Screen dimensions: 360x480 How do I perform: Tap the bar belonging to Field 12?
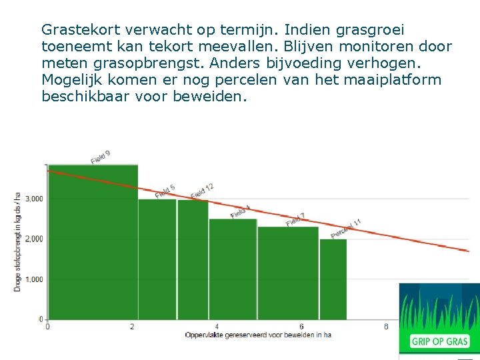click(x=193, y=259)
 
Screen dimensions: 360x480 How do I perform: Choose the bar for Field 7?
click(x=288, y=273)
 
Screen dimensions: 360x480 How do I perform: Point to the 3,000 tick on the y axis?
click(x=34, y=199)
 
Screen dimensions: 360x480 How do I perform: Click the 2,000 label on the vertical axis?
click(x=34, y=239)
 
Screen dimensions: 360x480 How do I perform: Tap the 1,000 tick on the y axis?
click(x=34, y=279)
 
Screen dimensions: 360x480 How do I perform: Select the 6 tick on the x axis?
click(x=301, y=327)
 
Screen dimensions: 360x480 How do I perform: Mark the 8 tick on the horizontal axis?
click(x=386, y=327)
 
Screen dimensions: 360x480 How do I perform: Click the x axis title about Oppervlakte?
click(x=258, y=335)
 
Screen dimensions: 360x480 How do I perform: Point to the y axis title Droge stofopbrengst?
click(x=17, y=241)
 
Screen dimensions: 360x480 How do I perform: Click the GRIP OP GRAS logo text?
click(x=439, y=341)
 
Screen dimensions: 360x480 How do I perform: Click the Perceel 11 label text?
click(x=346, y=229)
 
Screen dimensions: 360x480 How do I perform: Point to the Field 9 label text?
click(x=101, y=157)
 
